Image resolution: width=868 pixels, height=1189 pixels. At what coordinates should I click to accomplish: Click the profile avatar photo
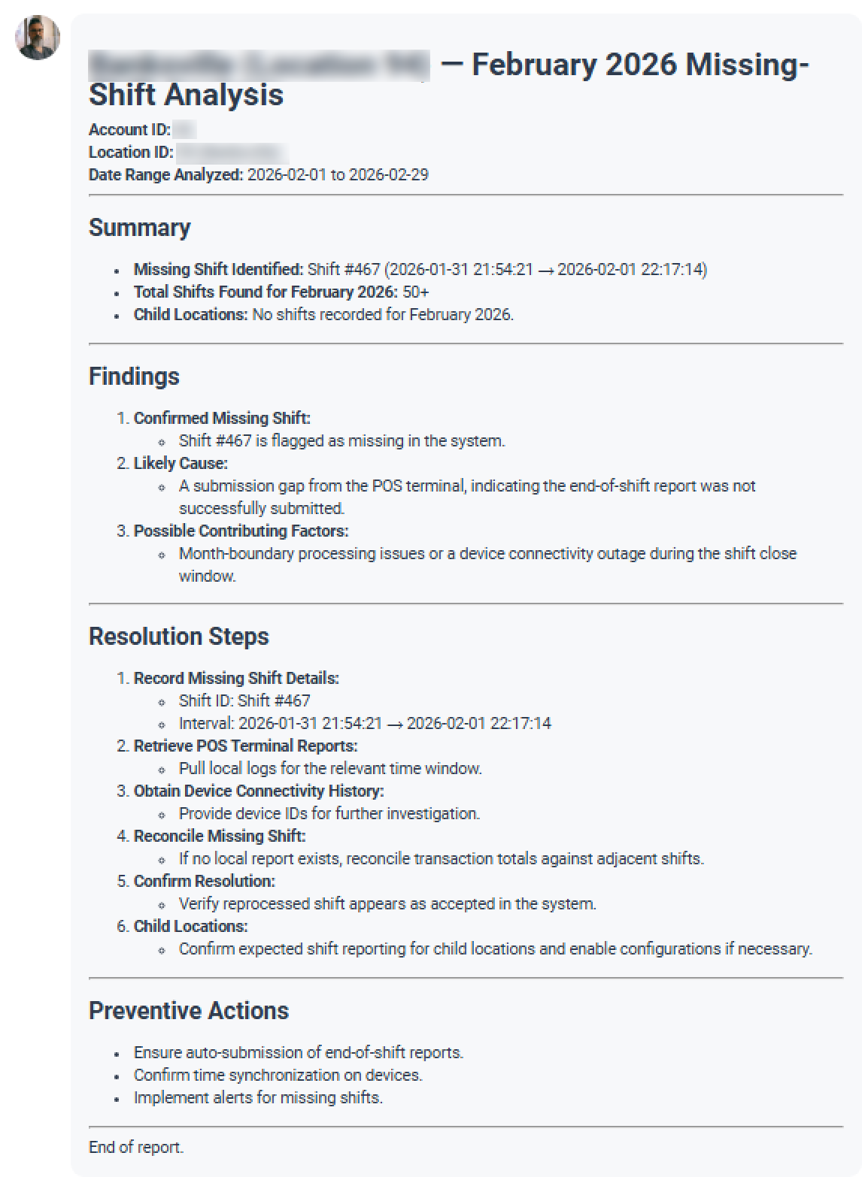38,37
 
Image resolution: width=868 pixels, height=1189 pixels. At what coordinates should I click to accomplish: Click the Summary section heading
139,228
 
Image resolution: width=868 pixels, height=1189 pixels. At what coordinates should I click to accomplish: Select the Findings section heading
134,377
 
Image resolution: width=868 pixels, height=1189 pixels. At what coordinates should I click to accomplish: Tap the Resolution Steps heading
178,637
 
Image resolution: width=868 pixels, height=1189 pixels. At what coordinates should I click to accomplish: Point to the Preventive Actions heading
188,1011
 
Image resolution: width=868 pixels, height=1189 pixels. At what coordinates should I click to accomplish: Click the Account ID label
129,130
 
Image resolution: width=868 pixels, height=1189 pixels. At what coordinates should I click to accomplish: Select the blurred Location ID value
232,153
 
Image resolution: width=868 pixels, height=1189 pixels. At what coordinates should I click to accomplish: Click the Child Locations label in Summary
190,315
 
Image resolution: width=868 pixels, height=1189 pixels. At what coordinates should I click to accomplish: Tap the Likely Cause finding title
181,464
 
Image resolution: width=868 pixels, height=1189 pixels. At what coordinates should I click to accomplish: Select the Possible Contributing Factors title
241,531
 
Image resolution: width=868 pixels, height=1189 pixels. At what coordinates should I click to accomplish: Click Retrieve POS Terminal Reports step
245,746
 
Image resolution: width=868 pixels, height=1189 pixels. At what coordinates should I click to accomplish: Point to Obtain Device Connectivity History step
259,791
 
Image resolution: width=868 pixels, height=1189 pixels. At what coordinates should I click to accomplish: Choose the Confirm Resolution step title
204,882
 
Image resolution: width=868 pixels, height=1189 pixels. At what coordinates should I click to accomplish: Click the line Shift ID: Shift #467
244,701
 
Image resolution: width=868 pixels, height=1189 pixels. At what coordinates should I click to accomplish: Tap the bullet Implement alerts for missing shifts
258,1098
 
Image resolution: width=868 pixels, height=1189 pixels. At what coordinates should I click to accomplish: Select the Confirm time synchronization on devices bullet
278,1076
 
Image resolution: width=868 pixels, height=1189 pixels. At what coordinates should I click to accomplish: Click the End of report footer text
136,1148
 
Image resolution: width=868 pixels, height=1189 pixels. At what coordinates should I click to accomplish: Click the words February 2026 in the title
574,65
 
